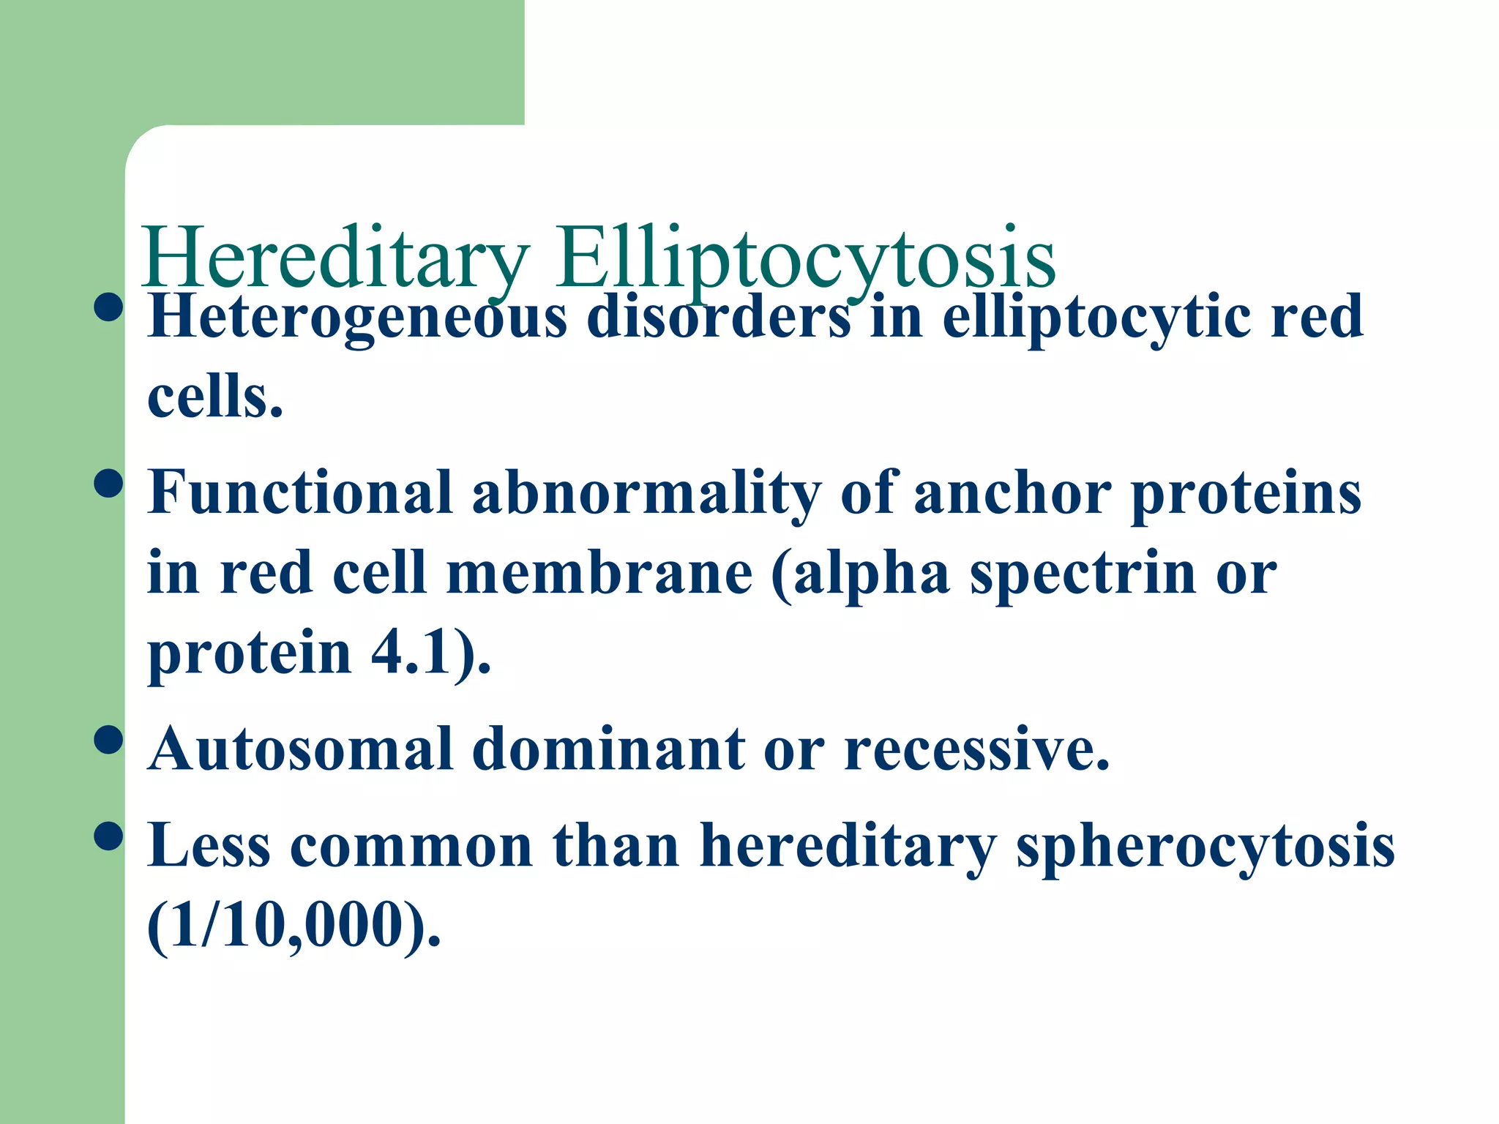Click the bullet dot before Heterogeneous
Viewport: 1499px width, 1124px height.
108,307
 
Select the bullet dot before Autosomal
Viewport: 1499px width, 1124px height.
108,740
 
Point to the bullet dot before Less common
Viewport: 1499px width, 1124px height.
108,836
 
